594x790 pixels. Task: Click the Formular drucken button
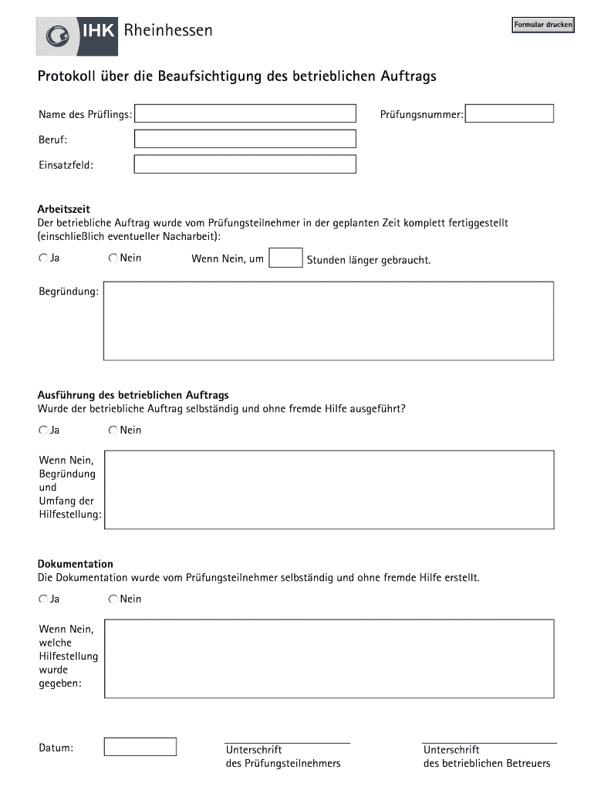(x=543, y=25)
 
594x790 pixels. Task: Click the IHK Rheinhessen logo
(x=124, y=32)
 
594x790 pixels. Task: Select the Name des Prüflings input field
(x=245, y=114)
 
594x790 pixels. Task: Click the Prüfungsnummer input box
(x=510, y=114)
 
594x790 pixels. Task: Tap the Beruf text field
(x=245, y=139)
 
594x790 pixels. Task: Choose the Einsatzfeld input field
(x=245, y=164)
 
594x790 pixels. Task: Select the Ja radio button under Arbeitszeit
(x=43, y=258)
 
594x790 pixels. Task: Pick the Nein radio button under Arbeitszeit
(x=113, y=258)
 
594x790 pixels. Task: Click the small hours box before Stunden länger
(x=285, y=258)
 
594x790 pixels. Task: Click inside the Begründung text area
(x=329, y=321)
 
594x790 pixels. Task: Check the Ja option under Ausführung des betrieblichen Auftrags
(x=43, y=430)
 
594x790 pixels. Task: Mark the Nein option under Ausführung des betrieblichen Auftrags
(x=113, y=430)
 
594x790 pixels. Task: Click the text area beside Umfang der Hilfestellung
(x=329, y=490)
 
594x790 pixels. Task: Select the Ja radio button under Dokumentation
(x=43, y=599)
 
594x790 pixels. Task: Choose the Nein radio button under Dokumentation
(x=113, y=599)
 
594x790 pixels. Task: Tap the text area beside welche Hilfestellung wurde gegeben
(x=329, y=658)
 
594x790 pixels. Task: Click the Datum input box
(x=140, y=747)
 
